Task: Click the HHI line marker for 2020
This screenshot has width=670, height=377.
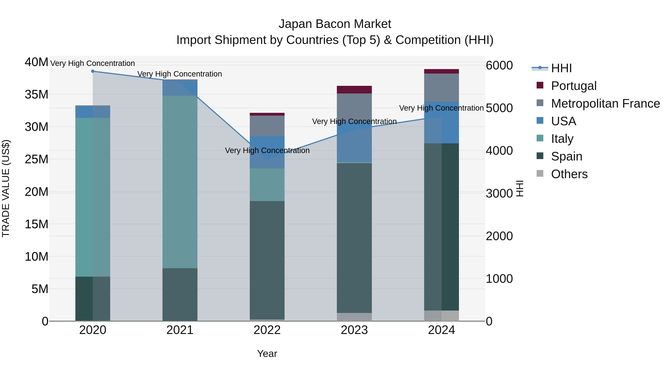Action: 93,71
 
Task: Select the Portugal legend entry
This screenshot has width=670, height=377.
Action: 574,86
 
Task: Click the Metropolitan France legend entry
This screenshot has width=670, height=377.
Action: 605,104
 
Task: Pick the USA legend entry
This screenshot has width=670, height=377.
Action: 563,121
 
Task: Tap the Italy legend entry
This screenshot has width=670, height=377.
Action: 562,139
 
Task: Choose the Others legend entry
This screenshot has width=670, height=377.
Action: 569,174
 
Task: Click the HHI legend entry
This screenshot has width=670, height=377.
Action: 561,68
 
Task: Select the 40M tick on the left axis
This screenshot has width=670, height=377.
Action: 36,62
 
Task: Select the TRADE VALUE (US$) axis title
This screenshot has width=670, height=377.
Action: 6,188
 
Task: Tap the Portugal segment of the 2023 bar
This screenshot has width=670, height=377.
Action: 354,90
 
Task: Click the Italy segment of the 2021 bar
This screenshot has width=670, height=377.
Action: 180,182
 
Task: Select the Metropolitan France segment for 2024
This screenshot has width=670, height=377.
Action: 441,88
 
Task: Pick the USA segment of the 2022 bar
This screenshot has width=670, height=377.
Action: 267,152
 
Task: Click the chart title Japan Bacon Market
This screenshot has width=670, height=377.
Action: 335,24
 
